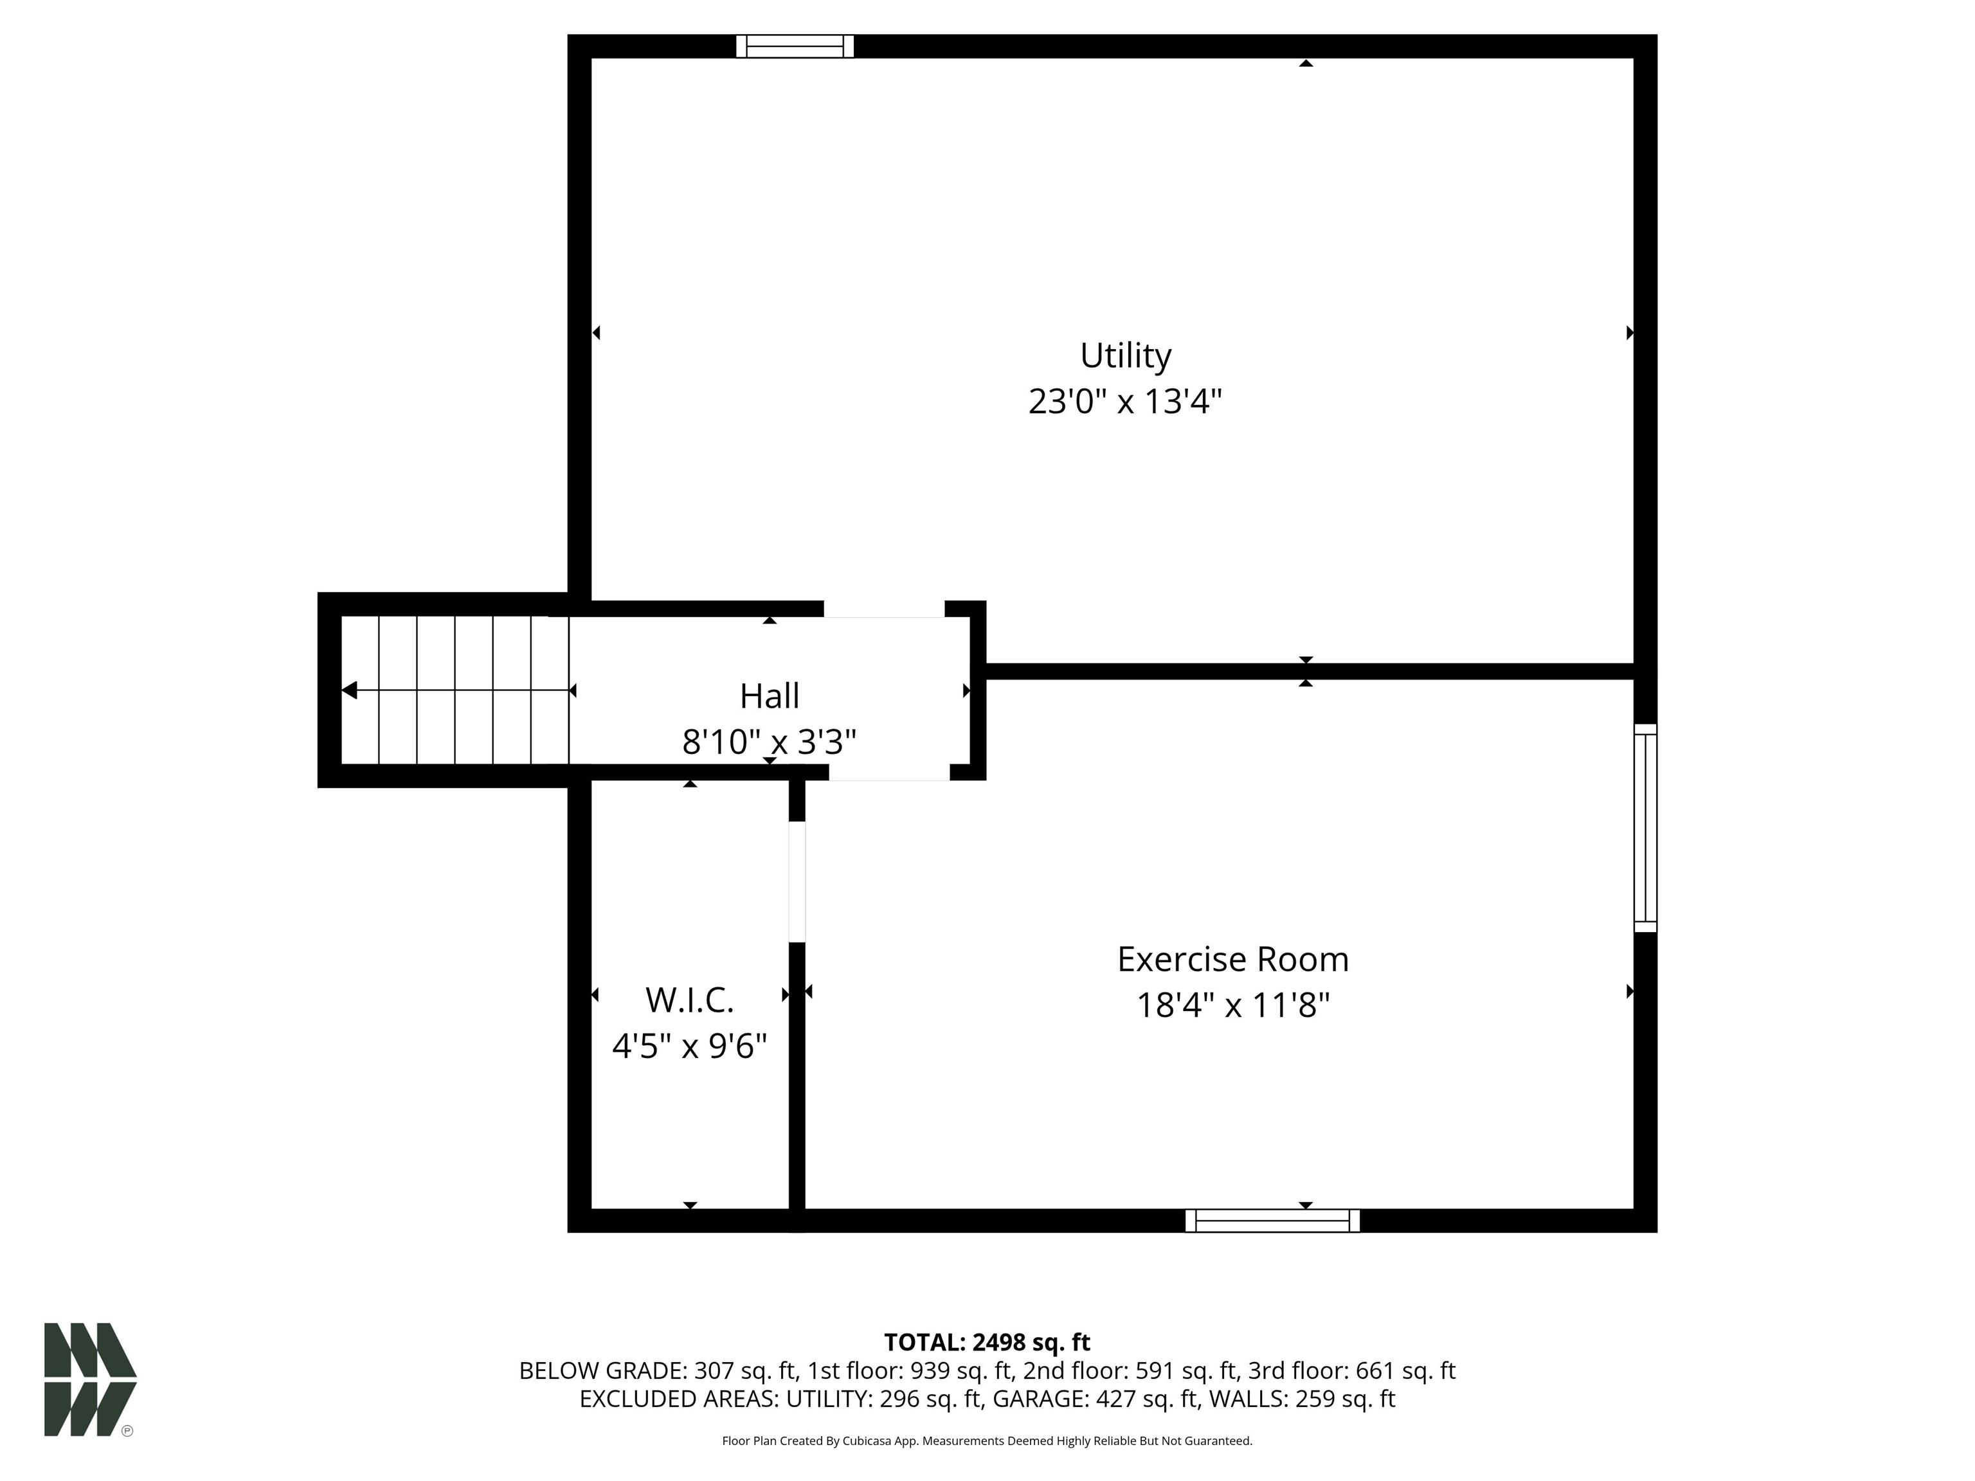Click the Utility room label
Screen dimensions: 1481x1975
click(x=1125, y=355)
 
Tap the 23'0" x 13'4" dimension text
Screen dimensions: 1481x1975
click(x=1125, y=402)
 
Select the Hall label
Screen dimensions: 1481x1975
click(x=769, y=696)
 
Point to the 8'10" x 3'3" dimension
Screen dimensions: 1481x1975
click(x=769, y=742)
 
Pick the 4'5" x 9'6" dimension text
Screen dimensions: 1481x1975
click(x=689, y=1045)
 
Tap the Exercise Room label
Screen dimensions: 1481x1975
click(x=1233, y=960)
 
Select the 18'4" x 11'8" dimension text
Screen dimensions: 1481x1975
click(x=1233, y=1006)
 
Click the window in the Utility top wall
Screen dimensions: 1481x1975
click(x=795, y=46)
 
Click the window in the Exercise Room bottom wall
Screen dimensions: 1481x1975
click(x=1272, y=1220)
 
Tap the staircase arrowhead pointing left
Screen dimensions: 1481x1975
click(x=350, y=690)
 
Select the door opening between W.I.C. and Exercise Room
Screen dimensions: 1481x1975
click(x=797, y=881)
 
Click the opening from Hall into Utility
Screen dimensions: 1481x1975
click(x=884, y=609)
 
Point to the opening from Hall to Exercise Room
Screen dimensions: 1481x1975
click(x=888, y=772)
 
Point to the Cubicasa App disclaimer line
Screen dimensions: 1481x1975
click(x=987, y=1441)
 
